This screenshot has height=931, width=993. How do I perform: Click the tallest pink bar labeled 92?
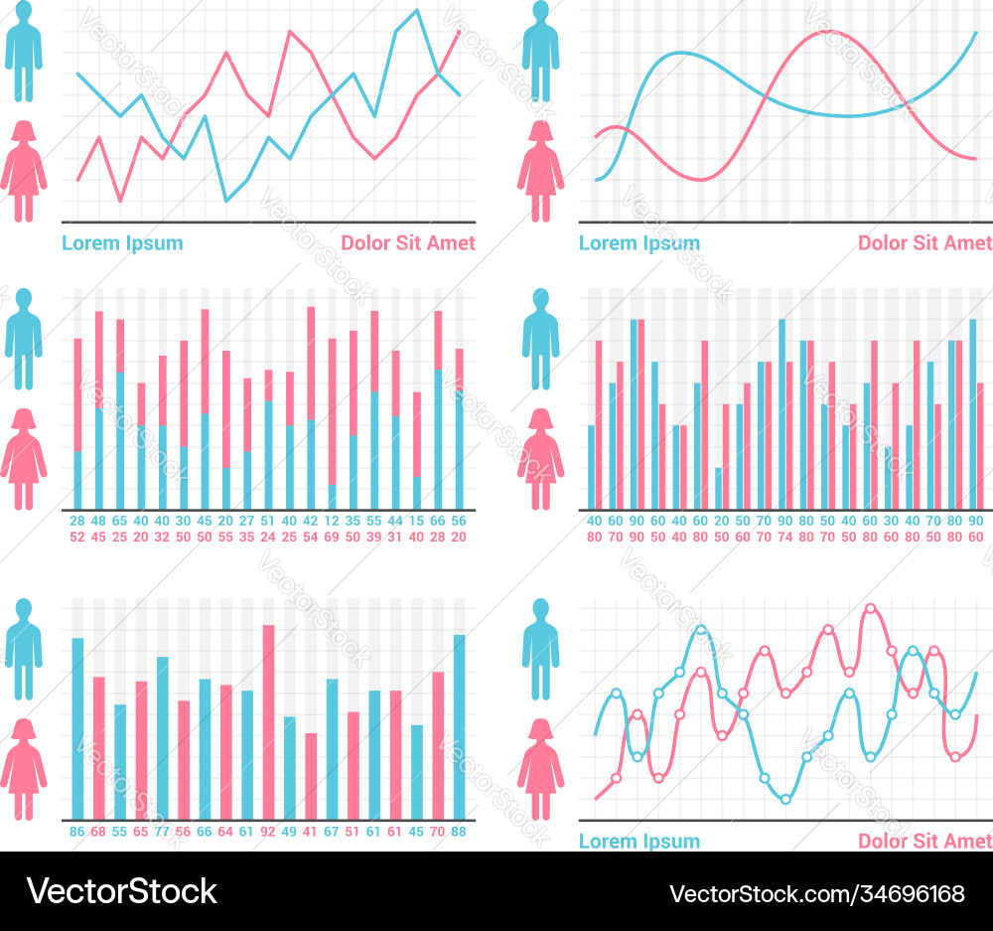268,721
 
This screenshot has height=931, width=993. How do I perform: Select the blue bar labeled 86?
77,728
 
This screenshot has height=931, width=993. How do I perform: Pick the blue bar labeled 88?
459,726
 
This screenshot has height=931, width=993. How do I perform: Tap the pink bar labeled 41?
311,776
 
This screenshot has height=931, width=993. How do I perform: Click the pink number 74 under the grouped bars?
784,537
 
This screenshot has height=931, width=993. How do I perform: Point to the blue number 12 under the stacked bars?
332,521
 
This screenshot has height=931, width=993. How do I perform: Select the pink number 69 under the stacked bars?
332,537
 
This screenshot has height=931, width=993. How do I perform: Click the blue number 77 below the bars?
162,831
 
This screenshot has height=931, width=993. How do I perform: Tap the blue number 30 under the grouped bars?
891,521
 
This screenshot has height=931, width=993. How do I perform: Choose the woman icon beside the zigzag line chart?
23,171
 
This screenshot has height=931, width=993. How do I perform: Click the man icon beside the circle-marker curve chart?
540,649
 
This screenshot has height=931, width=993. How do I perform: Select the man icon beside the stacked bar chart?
23,338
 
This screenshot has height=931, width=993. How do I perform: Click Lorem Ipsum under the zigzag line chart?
122,242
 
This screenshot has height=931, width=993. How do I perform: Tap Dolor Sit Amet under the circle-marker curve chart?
924,842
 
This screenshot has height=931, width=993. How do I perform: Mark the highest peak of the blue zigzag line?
417,11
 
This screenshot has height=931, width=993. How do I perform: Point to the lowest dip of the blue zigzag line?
226,201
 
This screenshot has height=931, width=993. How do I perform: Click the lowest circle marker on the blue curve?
785,799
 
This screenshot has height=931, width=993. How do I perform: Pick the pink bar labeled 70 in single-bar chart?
438,745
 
